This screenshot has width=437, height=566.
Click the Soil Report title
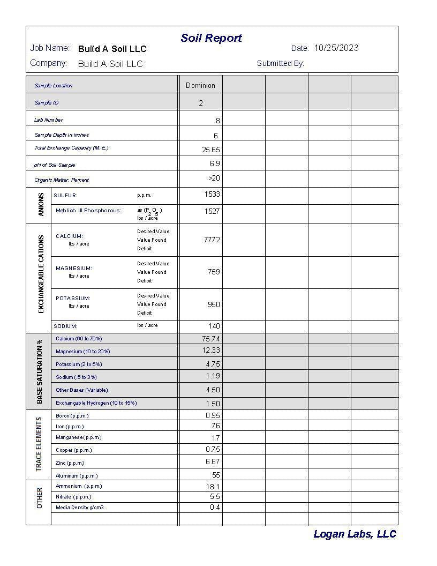(211, 38)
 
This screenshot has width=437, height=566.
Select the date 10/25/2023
(336, 48)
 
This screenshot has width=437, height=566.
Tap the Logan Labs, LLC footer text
(355, 534)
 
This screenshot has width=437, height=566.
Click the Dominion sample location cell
(200, 85)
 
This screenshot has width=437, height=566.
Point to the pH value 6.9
(215, 163)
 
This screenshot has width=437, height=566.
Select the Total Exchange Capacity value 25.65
(211, 150)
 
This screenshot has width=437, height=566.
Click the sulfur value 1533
(212, 195)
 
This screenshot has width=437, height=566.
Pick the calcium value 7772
(212, 240)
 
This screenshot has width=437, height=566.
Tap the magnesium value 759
(214, 272)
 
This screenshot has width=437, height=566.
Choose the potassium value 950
(214, 304)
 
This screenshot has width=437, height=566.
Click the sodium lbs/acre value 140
(214, 326)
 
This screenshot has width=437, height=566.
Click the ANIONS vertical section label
(41, 205)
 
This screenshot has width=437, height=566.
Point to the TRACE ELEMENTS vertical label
(39, 444)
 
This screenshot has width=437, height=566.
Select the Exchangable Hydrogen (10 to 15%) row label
(96, 403)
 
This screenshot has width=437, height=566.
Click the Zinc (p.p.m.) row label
(70, 463)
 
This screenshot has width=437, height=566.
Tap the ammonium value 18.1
(213, 487)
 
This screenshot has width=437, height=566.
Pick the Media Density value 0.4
(215, 507)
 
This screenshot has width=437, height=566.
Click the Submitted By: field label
(280, 63)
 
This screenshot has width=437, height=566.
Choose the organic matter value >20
(214, 178)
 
